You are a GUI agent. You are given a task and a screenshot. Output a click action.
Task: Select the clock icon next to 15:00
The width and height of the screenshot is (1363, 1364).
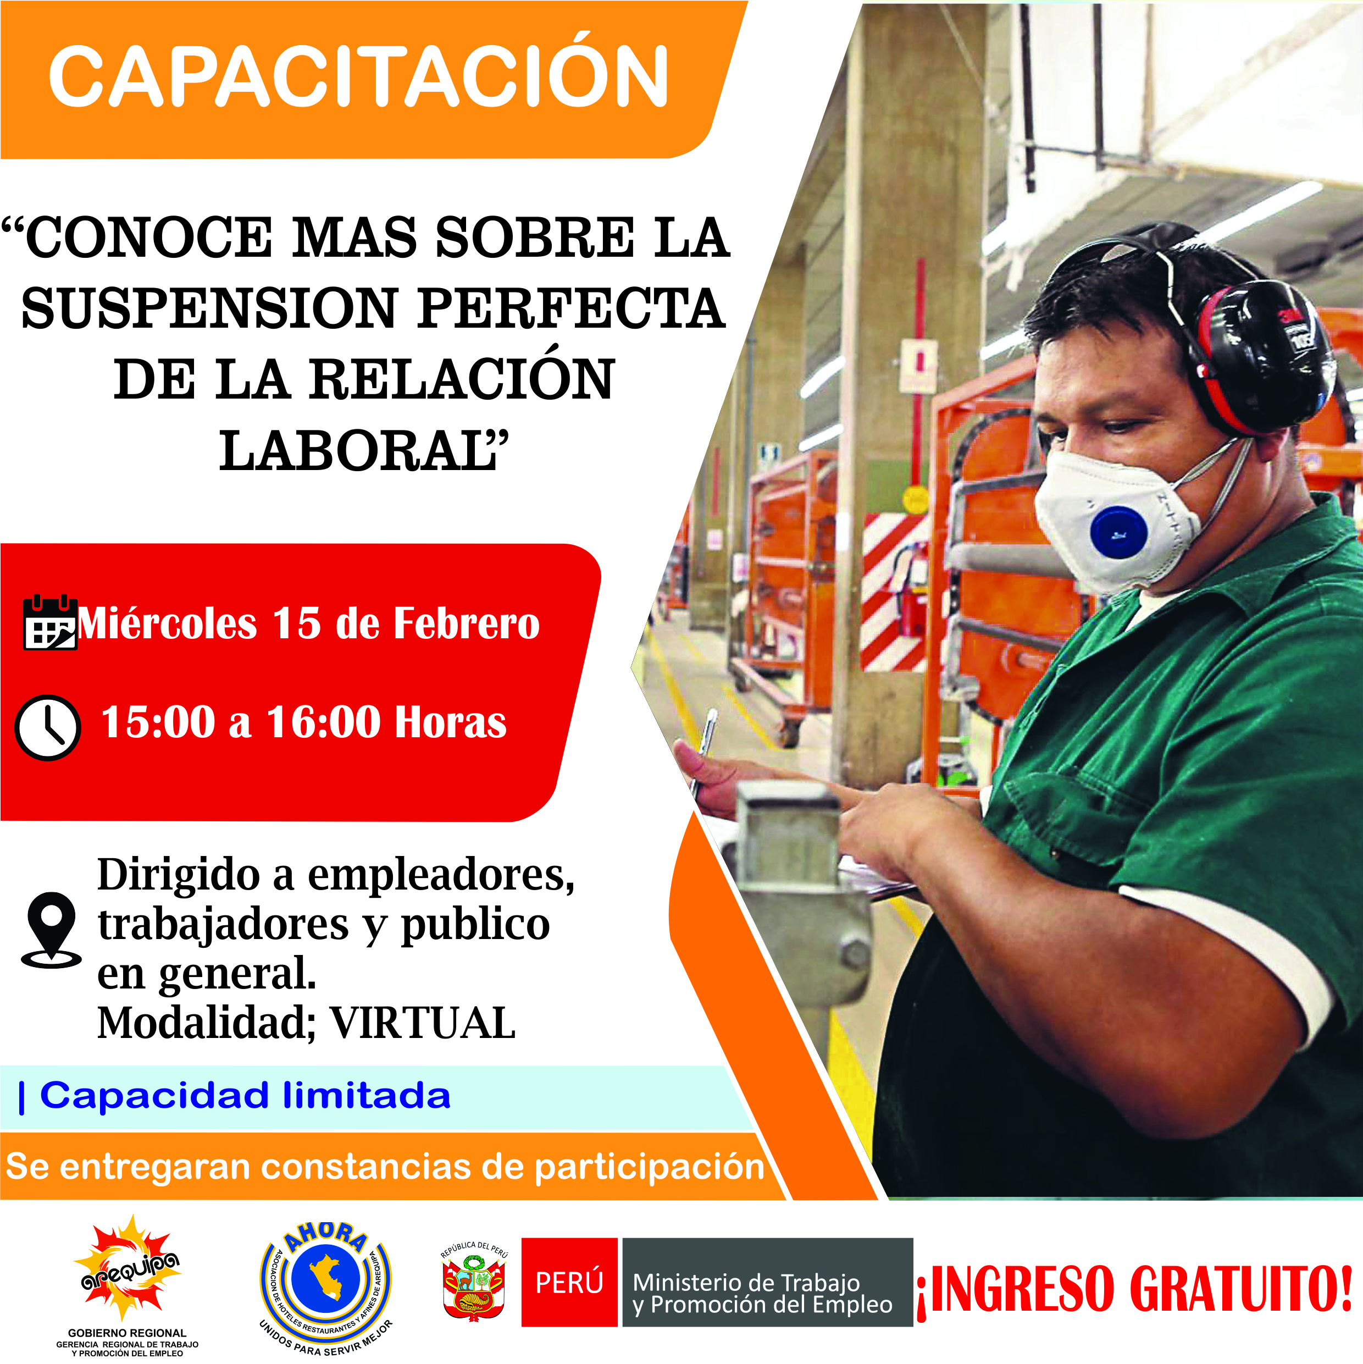coord(48,728)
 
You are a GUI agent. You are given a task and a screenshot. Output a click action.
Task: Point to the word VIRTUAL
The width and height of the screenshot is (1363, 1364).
coord(423,1023)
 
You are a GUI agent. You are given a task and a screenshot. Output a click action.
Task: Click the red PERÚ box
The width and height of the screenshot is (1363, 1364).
coord(569,1282)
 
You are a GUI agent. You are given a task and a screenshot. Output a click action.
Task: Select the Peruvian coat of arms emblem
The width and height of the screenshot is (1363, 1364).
coord(474,1283)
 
